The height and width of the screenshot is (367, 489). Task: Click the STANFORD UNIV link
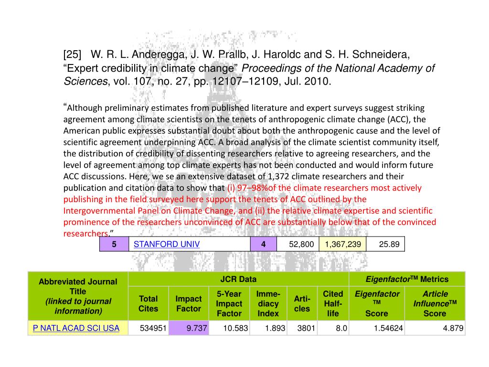coord(166,244)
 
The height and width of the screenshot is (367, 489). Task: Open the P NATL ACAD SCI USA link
coord(75,328)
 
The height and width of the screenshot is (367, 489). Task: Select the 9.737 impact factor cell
coord(189,328)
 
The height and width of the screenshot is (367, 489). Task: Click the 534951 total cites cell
coord(148,328)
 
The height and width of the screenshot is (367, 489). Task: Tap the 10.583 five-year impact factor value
coord(229,328)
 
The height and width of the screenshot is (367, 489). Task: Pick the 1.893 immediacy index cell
coord(268,328)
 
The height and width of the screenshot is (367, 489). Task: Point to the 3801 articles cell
coord(302,328)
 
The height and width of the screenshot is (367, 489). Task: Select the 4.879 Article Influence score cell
coord(435,328)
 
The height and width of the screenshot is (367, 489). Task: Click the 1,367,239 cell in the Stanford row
coord(342,244)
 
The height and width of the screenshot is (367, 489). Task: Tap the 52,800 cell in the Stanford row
coord(301,244)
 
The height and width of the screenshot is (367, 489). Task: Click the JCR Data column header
coord(238,279)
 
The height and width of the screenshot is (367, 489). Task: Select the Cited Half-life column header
coord(333,303)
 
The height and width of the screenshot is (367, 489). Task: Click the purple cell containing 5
coord(114,244)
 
